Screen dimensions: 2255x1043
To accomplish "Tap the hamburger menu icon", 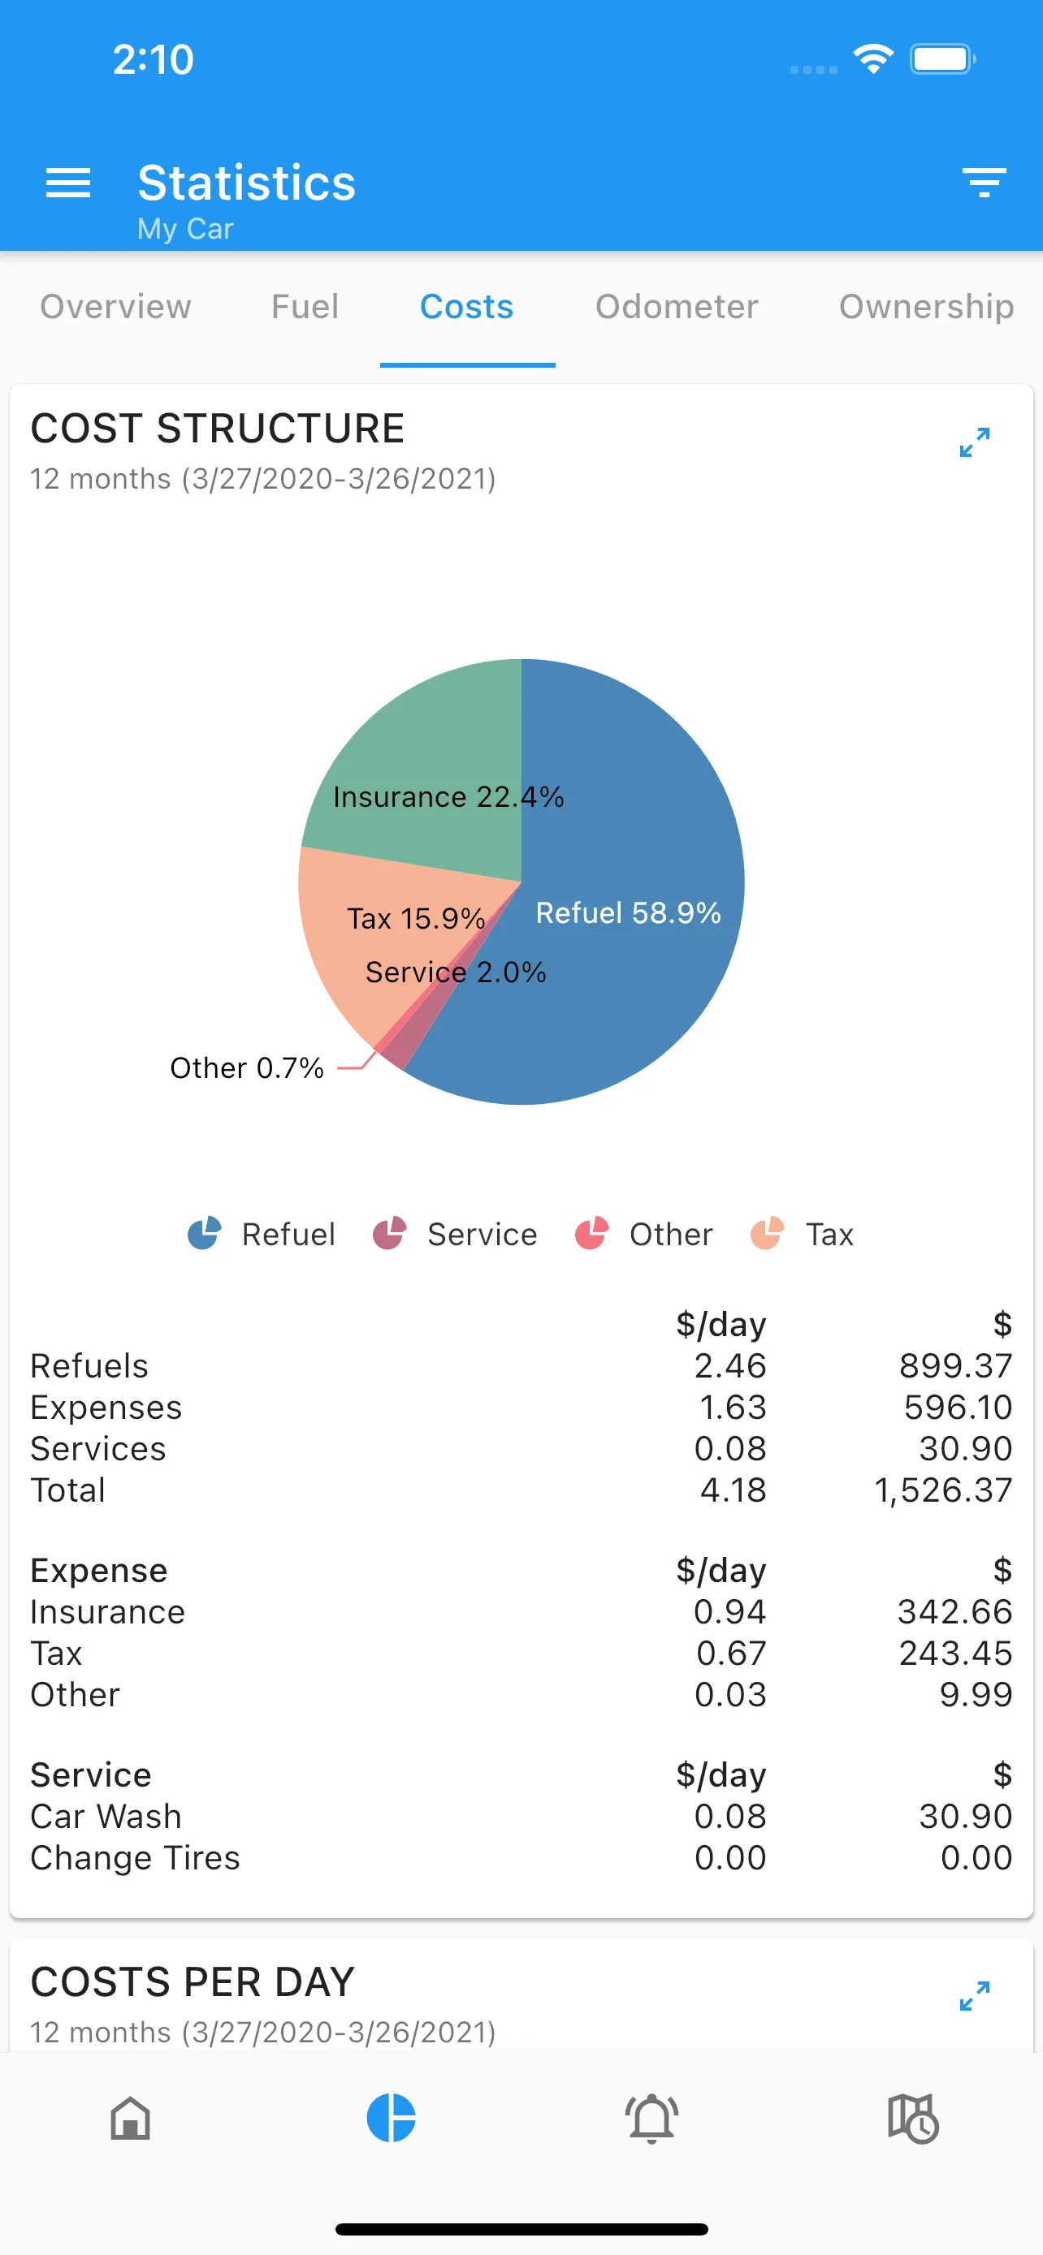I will pyautogui.click(x=67, y=183).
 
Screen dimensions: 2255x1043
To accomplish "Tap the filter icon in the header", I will pyautogui.click(x=984, y=183).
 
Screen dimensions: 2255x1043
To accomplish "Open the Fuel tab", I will pyautogui.click(x=305, y=306).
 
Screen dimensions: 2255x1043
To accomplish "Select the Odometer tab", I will pyautogui.click(x=676, y=306).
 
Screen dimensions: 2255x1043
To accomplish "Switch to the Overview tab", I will pyautogui.click(x=115, y=306).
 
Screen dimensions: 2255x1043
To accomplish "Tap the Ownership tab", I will pyautogui.click(x=926, y=306).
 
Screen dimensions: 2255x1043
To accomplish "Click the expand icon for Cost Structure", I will pyautogui.click(x=974, y=442).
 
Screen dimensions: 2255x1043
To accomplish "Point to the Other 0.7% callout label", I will pyautogui.click(x=247, y=1068).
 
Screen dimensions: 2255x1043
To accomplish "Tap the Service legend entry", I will pyautogui.click(x=456, y=1235).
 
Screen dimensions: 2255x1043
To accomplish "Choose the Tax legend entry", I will pyautogui.click(x=803, y=1235).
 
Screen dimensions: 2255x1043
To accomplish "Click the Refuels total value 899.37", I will pyautogui.click(x=955, y=1365).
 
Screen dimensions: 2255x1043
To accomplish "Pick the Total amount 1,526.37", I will pyautogui.click(x=943, y=1490).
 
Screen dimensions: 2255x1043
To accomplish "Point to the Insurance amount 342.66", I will pyautogui.click(x=954, y=1611).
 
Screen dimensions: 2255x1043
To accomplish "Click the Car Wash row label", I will pyautogui.click(x=106, y=1817).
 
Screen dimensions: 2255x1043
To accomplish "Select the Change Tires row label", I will pyautogui.click(x=135, y=1857).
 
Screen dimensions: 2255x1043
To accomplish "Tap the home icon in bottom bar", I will pyautogui.click(x=131, y=2119).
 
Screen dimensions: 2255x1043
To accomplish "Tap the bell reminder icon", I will pyautogui.click(x=651, y=2119).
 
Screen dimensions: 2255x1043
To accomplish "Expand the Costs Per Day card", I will pyautogui.click(x=974, y=1996).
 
